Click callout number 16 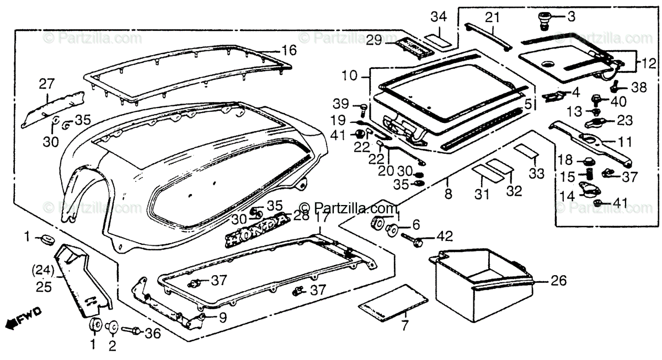(x=289, y=51)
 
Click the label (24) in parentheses (x=42, y=270)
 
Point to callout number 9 (x=222, y=318)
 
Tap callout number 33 (x=536, y=174)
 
